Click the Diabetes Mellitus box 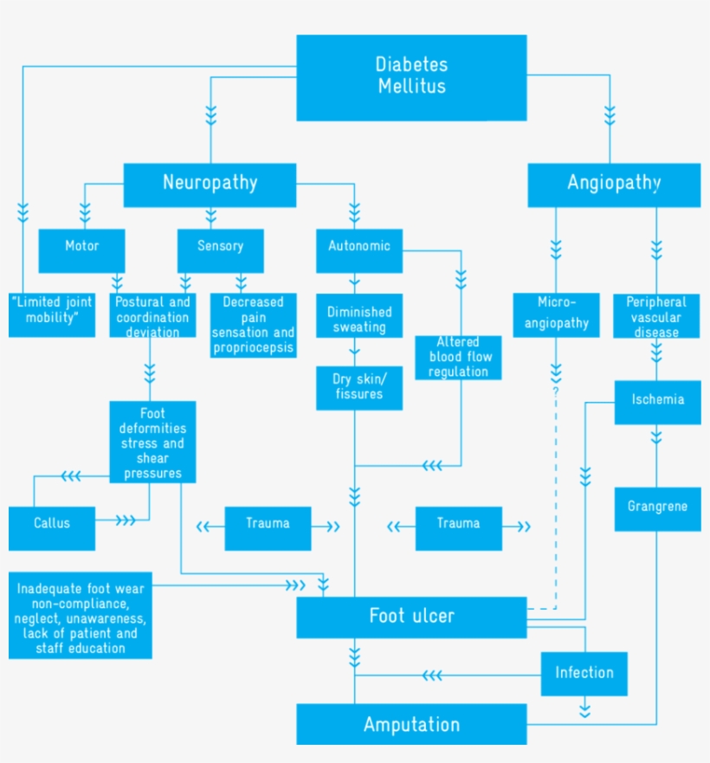(x=411, y=76)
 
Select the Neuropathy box (x=210, y=183)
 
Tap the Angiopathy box (x=614, y=184)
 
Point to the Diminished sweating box (x=359, y=319)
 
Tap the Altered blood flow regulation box (x=458, y=357)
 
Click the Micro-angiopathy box (x=557, y=315)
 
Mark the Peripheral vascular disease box (x=656, y=315)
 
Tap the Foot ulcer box (x=411, y=617)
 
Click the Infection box (x=584, y=674)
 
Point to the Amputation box (x=411, y=724)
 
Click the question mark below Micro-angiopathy (x=556, y=391)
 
